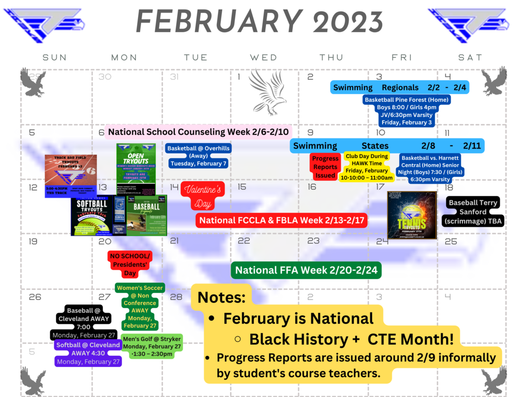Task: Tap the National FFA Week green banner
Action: pos(306,270)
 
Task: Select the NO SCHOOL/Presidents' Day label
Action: pos(130,264)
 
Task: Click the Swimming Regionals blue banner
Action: pos(400,87)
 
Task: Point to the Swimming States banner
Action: pos(387,146)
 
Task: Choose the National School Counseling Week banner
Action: pos(198,132)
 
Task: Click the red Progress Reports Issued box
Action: pos(325,167)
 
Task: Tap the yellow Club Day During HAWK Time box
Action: pos(366,167)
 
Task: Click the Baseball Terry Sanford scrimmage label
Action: pos(473,212)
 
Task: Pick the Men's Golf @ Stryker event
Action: pos(152,346)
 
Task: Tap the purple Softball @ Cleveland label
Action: pos(88,353)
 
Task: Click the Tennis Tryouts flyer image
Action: pos(412,215)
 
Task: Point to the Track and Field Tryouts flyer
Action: pos(70,176)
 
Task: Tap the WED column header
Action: pos(264,58)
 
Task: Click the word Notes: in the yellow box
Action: pos(221,297)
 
